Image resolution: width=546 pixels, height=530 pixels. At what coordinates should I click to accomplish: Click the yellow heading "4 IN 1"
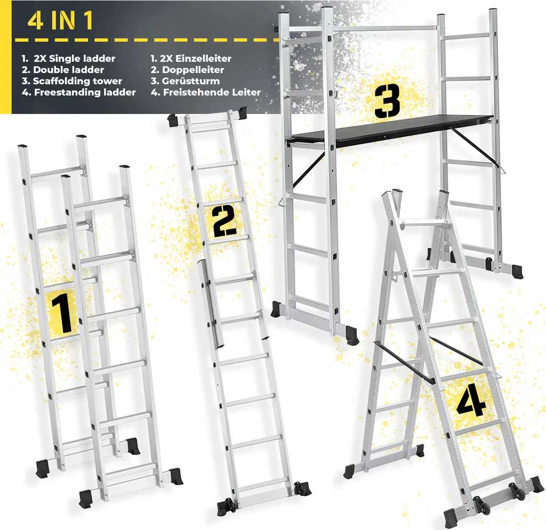pos(60,21)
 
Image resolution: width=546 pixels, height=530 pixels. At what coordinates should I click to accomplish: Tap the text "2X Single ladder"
pos(75,59)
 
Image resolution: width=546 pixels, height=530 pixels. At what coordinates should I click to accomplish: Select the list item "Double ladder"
pos(69,70)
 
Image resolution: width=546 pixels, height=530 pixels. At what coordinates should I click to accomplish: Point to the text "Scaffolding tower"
pos(77,81)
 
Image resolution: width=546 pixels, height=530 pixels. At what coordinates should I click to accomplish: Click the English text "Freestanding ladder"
pos(85,92)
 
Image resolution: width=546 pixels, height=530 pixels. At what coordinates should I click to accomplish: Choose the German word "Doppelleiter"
pos(193,70)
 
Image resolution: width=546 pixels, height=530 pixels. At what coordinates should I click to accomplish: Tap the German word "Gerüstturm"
pos(191,81)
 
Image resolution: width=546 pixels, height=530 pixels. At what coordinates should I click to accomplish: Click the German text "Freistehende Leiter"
pos(212,92)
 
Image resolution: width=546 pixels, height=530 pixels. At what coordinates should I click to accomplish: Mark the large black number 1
pos(62,313)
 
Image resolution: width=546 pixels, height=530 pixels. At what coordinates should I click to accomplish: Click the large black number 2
pos(224,221)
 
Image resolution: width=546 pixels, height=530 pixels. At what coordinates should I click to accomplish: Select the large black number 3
pos(387,100)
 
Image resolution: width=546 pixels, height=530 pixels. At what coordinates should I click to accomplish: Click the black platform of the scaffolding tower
pos(390,130)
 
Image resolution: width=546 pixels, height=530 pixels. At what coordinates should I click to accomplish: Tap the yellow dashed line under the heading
pos(146,40)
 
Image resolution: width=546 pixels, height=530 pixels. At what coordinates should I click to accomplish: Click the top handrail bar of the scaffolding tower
pos(362,29)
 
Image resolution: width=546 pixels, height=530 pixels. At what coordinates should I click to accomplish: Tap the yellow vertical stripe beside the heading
pos(5,57)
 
